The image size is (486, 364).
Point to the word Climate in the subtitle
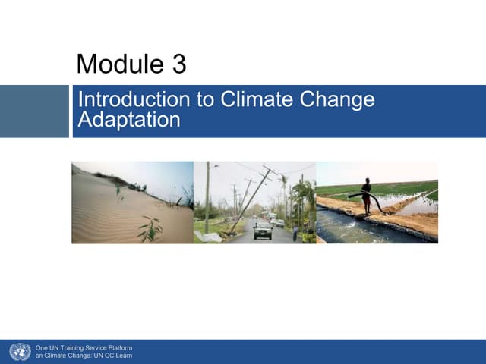(248, 100)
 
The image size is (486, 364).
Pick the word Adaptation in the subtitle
(129, 119)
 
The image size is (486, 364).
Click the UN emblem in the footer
(20, 352)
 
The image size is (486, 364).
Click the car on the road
(263, 230)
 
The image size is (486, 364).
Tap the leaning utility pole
(251, 200)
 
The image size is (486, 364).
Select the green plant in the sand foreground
(150, 227)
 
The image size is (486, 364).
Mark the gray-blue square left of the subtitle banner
(34, 111)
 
